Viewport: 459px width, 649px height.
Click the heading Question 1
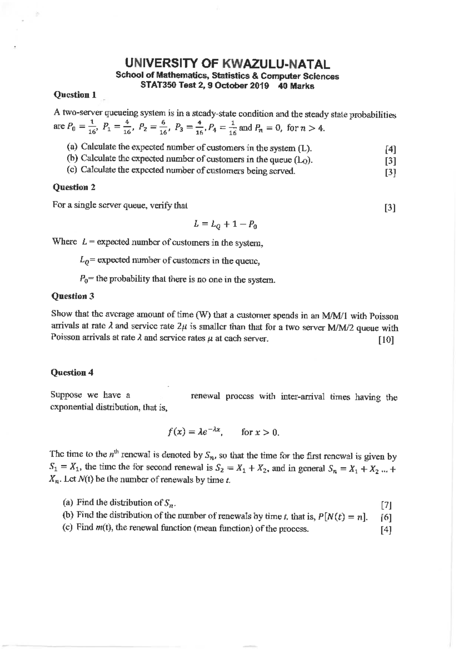(x=75, y=94)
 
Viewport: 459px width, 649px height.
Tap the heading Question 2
(x=74, y=187)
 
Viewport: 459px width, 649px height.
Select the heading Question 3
(x=73, y=296)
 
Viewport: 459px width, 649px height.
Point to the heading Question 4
(x=72, y=372)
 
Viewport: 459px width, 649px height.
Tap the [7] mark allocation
(x=386, y=505)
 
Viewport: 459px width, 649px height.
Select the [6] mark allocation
(x=386, y=517)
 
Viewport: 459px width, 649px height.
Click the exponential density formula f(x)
(x=195, y=432)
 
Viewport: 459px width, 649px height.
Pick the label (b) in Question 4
(x=68, y=515)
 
